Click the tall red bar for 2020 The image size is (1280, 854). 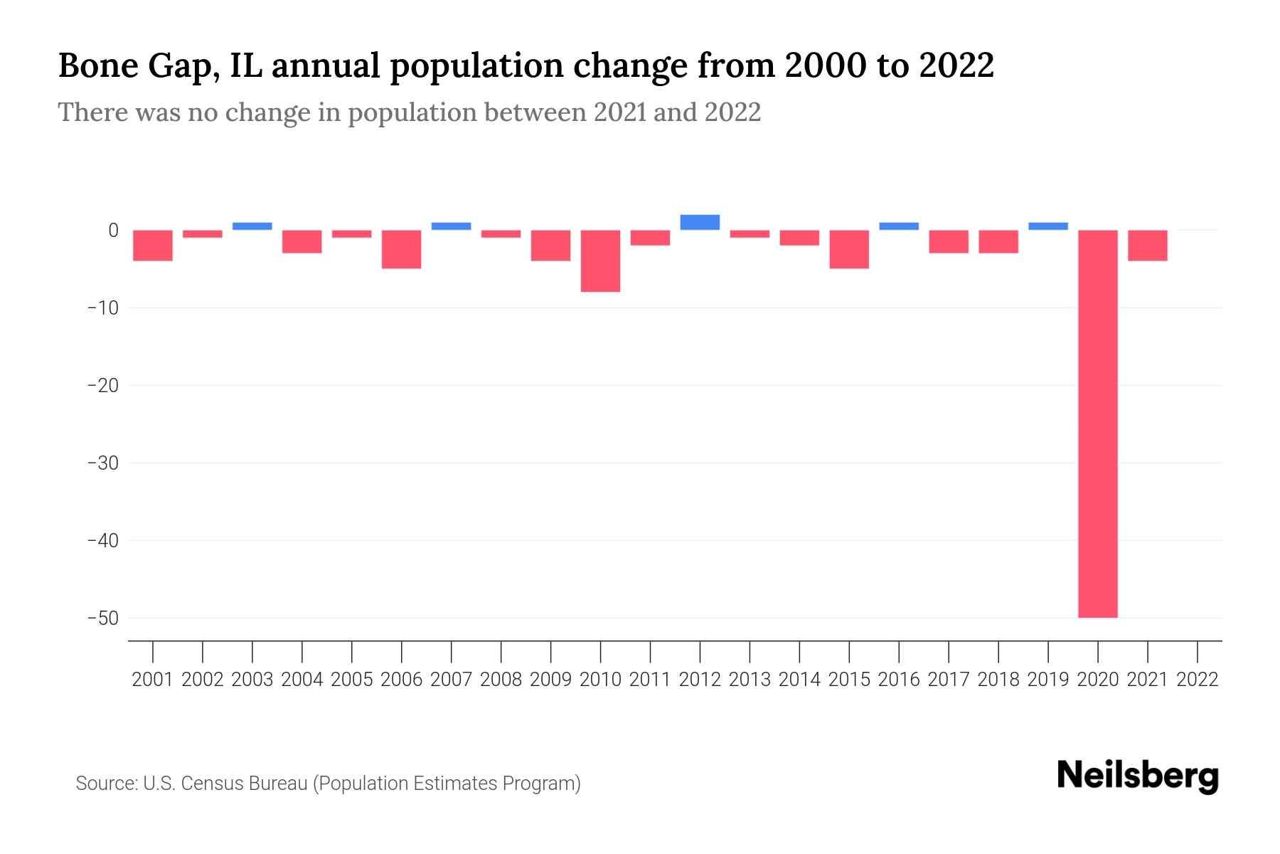[1097, 423]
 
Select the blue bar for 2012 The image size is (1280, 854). [700, 222]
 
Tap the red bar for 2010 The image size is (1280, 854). [600, 260]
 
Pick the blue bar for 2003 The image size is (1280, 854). [252, 226]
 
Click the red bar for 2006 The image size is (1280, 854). [402, 249]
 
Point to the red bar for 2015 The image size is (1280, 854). [849, 249]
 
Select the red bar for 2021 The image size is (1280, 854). [1147, 246]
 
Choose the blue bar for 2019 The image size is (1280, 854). [1047, 226]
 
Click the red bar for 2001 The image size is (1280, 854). [153, 246]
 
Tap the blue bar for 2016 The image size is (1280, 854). [899, 226]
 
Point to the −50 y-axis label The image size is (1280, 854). [102, 618]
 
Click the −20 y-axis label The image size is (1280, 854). [102, 385]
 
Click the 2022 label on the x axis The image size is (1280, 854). [1198, 680]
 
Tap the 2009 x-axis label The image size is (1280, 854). [550, 680]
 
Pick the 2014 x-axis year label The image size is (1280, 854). [799, 680]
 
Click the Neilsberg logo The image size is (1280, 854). [1137, 776]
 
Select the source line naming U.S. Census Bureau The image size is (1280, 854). [328, 784]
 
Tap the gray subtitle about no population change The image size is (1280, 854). [409, 112]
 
